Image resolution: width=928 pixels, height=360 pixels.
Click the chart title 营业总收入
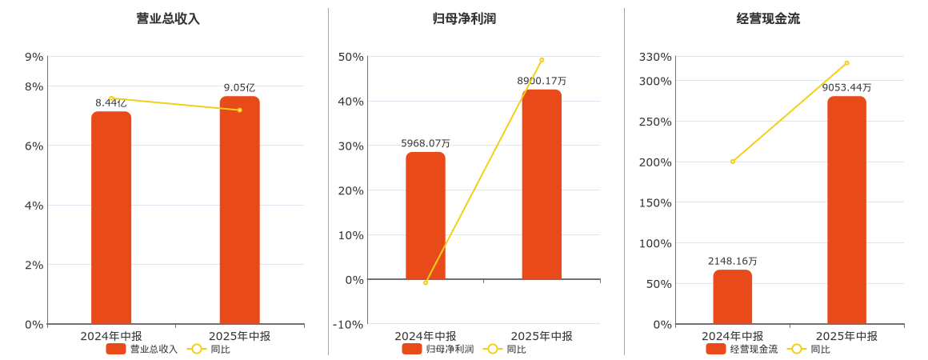point(168,18)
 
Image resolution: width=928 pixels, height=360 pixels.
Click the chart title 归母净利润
point(464,18)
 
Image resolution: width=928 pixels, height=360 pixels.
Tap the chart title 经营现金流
point(768,18)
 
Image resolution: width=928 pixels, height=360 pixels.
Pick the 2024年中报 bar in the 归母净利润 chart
point(426,216)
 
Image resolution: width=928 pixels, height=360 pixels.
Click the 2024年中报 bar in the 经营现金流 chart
point(733,297)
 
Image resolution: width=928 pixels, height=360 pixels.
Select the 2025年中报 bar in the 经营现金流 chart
point(846,210)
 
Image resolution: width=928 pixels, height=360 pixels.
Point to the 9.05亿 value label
point(239,87)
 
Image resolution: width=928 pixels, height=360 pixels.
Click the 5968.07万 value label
point(426,143)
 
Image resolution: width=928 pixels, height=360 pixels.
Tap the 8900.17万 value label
point(542,81)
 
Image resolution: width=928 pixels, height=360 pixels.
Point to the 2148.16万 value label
point(733,261)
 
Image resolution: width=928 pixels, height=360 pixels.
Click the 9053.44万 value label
point(846,87)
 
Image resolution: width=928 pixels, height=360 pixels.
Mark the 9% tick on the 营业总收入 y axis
point(34,57)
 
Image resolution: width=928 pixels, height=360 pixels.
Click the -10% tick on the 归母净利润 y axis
point(349,324)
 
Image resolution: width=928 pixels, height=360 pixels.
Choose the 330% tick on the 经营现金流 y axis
point(655,57)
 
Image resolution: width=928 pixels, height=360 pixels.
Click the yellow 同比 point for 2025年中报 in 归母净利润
point(542,60)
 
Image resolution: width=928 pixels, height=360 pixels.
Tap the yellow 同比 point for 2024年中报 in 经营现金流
point(733,162)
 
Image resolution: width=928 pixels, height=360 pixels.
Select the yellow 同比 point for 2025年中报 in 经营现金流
point(846,63)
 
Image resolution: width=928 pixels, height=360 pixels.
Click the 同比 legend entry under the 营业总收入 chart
point(209,349)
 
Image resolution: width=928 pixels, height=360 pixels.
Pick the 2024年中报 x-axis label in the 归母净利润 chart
point(426,336)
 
